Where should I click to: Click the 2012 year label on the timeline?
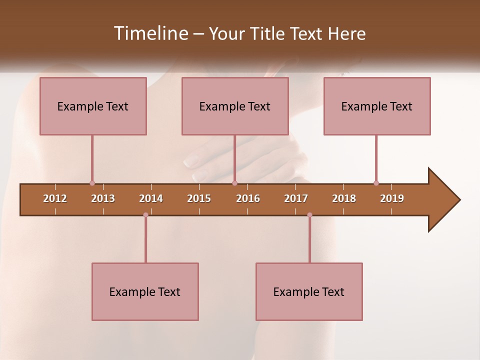click(55, 198)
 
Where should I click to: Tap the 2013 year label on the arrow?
click(103, 198)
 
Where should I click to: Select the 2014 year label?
click(151, 198)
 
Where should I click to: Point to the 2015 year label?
click(199, 198)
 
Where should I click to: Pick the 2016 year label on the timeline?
click(248, 198)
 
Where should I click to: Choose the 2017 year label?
click(296, 198)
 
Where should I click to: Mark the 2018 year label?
click(344, 198)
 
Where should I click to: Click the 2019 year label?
click(392, 198)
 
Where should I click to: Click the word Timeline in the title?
click(150, 33)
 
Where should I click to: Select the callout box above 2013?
click(93, 106)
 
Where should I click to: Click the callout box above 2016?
click(235, 106)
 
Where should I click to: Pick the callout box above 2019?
click(377, 106)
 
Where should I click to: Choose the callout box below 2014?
click(145, 291)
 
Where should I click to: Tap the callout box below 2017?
click(309, 291)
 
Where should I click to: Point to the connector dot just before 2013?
click(92, 183)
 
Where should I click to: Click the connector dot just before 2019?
click(376, 183)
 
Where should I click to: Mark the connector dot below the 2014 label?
click(145, 215)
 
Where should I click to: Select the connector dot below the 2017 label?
click(309, 215)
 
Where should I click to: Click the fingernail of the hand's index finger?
click(191, 161)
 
